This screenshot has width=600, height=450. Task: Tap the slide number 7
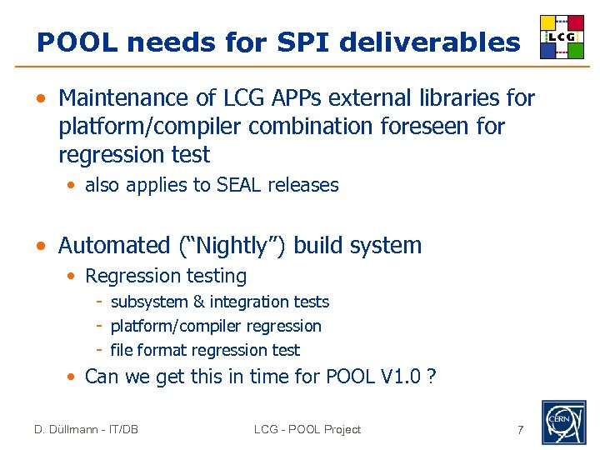click(520, 430)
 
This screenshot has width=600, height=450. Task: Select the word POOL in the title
click(72, 42)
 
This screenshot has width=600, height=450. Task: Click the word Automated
click(114, 246)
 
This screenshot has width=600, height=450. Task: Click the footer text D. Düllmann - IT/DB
click(86, 430)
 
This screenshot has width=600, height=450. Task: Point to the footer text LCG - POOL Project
click(307, 430)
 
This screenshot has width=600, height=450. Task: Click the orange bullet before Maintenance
click(40, 99)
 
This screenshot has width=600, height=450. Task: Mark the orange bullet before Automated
click(40, 247)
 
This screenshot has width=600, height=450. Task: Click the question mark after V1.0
click(430, 377)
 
